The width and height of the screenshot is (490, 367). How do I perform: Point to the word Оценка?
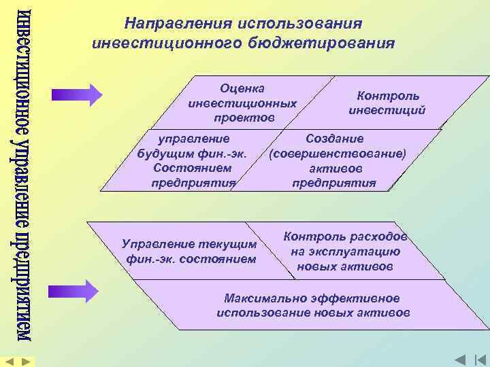tap(242, 88)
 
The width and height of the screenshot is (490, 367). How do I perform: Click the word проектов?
tap(242, 118)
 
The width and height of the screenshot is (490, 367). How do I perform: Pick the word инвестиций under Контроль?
tap(387, 109)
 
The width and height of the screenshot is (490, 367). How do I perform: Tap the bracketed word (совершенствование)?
tap(338, 154)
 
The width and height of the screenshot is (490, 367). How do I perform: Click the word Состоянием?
tap(193, 168)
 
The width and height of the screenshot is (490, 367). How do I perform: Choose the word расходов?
tap(378, 237)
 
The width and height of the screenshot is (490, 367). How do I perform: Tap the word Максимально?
tap(266, 298)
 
